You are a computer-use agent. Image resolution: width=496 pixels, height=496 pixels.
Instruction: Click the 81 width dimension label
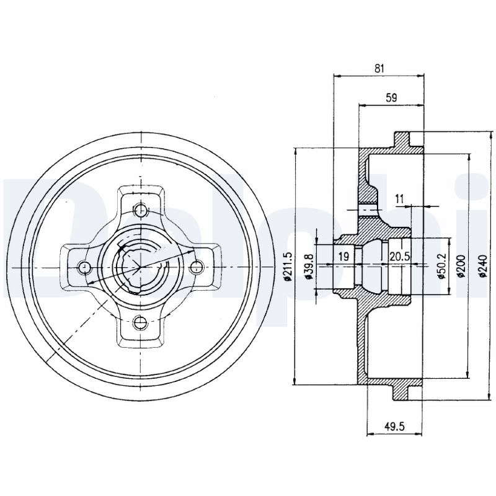[x=379, y=68]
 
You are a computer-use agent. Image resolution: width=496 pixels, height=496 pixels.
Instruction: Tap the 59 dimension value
[x=391, y=98]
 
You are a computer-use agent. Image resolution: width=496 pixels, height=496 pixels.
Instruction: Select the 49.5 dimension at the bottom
[x=395, y=427]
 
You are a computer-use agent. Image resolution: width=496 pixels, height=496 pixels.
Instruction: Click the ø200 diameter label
[x=461, y=266]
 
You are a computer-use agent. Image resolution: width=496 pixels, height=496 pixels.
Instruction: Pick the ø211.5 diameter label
[x=287, y=267]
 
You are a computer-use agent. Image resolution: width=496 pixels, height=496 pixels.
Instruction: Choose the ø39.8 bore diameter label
[x=309, y=267]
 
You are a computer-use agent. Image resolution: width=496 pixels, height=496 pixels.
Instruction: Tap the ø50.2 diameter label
[x=441, y=266]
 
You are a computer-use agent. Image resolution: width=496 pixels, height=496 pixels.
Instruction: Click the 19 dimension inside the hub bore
[x=343, y=256]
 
